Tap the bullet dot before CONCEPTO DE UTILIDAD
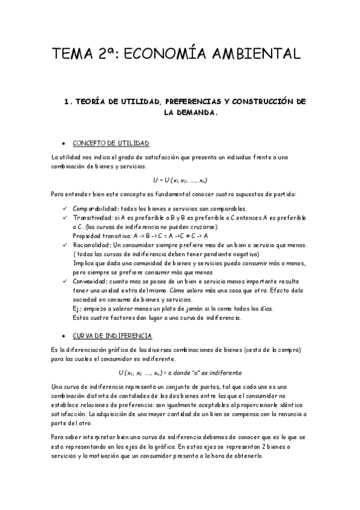(64, 144)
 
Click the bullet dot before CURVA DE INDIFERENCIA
(64, 336)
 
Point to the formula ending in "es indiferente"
(180, 372)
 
